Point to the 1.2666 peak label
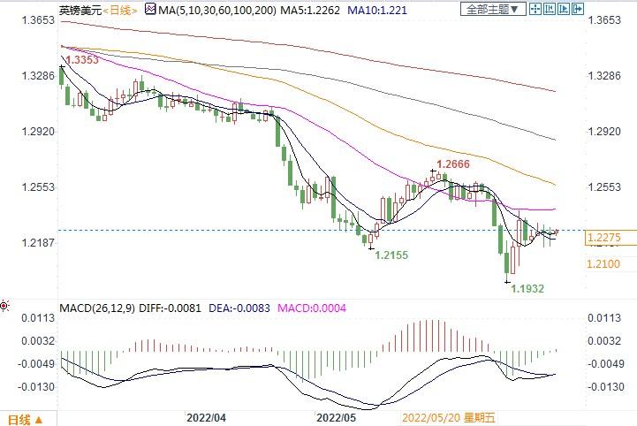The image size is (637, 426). pos(450,164)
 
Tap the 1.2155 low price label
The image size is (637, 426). pos(391,255)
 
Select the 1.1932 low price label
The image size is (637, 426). pos(528,288)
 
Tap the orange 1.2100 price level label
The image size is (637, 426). pos(603,264)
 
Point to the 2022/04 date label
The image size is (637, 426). pos(207,415)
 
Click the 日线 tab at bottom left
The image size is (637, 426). pos(19,418)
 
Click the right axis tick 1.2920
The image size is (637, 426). pos(603,131)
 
